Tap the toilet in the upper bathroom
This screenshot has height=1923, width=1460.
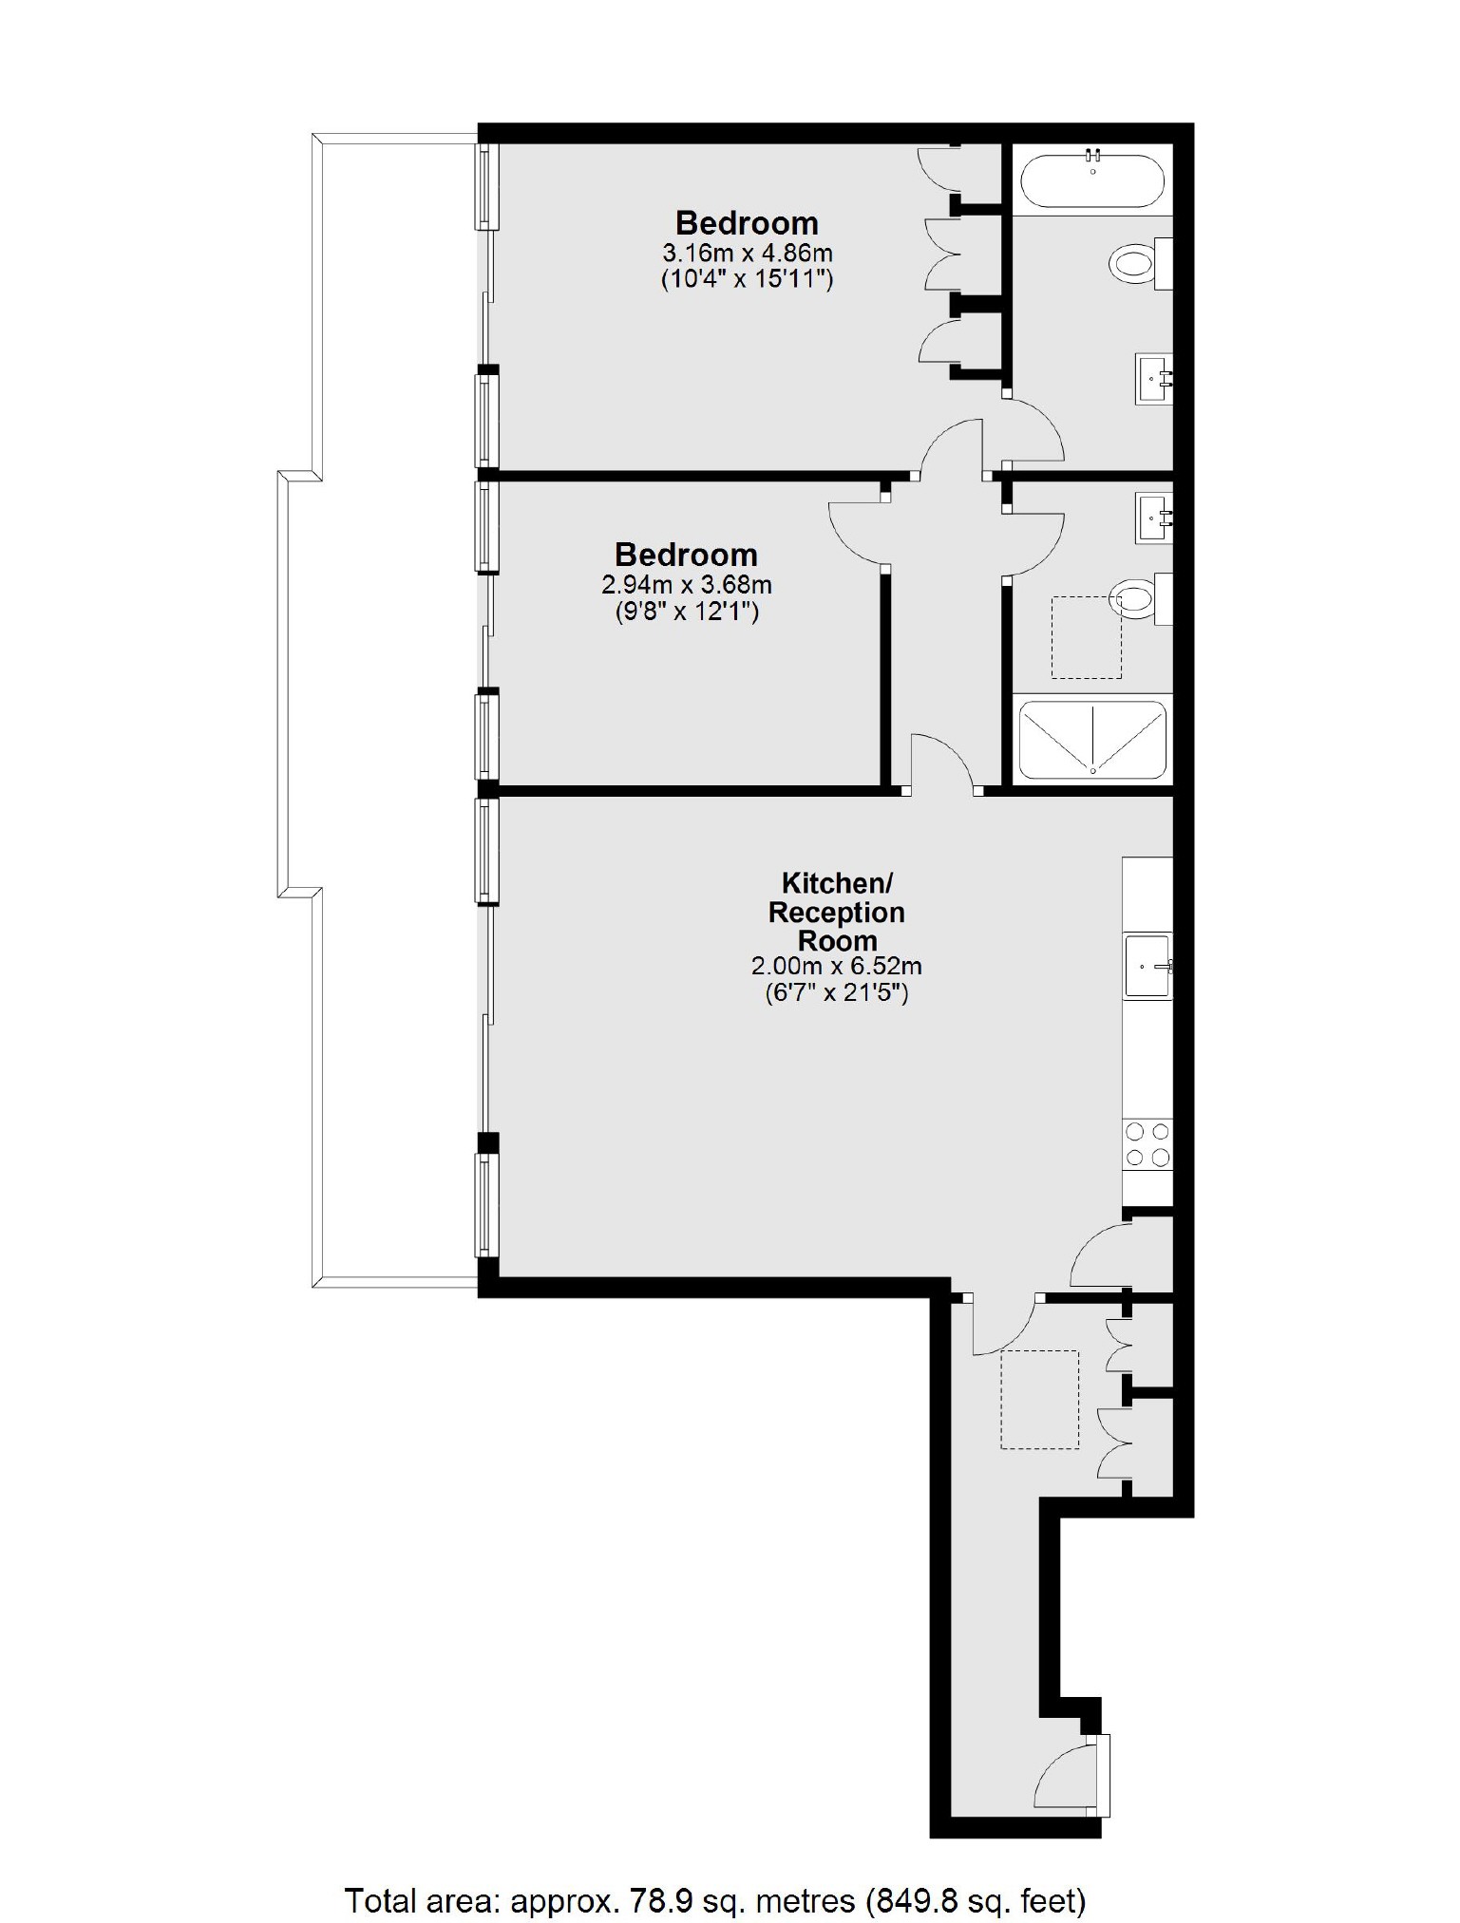click(x=1134, y=263)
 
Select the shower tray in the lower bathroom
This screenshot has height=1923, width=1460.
click(x=1092, y=740)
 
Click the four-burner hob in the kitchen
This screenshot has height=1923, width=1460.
click(x=1147, y=1144)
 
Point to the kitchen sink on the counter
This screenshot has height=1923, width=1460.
click(x=1147, y=967)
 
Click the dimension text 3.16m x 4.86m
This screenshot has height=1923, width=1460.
click(x=748, y=254)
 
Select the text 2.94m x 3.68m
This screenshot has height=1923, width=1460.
click(x=687, y=585)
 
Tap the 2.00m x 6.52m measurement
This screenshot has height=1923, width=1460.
click(x=836, y=967)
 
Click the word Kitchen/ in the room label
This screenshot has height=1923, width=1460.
click(x=837, y=883)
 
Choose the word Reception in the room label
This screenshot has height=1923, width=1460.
click(x=837, y=913)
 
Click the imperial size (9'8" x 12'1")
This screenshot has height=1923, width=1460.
click(x=687, y=612)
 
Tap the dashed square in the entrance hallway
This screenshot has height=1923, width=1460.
click(x=1039, y=1400)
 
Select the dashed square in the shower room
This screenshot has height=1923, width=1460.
click(x=1086, y=637)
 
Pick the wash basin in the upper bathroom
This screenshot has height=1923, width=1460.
click(x=1154, y=379)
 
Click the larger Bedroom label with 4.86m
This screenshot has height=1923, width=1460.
click(x=747, y=223)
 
